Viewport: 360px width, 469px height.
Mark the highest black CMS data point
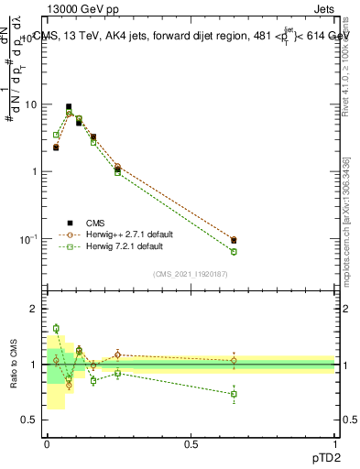69,107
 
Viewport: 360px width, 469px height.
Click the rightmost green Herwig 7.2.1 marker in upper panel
234,251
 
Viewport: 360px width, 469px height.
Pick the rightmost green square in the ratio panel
234,394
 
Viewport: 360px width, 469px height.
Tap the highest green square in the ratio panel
56,328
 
